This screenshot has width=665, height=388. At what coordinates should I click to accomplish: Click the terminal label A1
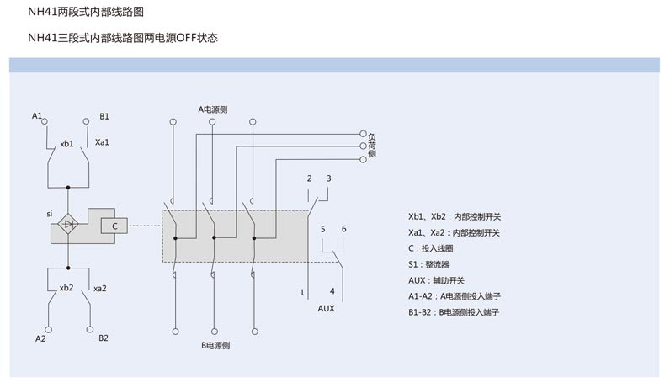click(36, 115)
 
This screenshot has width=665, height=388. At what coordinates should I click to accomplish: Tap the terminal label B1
click(104, 115)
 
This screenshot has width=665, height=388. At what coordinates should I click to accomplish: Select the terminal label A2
click(40, 338)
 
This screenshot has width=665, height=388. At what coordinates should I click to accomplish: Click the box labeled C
click(114, 225)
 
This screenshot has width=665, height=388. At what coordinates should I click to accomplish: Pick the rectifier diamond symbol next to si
click(69, 225)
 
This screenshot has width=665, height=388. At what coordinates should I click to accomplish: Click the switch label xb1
click(67, 144)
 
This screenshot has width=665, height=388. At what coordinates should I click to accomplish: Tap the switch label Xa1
click(102, 142)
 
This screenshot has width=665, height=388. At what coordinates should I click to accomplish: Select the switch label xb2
click(66, 288)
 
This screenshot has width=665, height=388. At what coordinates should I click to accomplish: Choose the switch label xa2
click(99, 288)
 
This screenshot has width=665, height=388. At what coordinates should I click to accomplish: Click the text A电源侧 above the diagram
click(213, 109)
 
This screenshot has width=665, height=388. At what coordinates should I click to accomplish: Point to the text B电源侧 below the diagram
click(215, 345)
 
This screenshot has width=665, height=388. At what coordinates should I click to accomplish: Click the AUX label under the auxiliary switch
click(326, 308)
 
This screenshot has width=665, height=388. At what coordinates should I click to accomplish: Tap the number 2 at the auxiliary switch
click(309, 178)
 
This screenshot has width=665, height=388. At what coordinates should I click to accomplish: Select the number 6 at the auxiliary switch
click(343, 229)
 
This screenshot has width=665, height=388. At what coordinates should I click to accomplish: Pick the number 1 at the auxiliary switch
click(301, 292)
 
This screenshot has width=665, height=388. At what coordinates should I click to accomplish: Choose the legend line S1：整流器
click(435, 264)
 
